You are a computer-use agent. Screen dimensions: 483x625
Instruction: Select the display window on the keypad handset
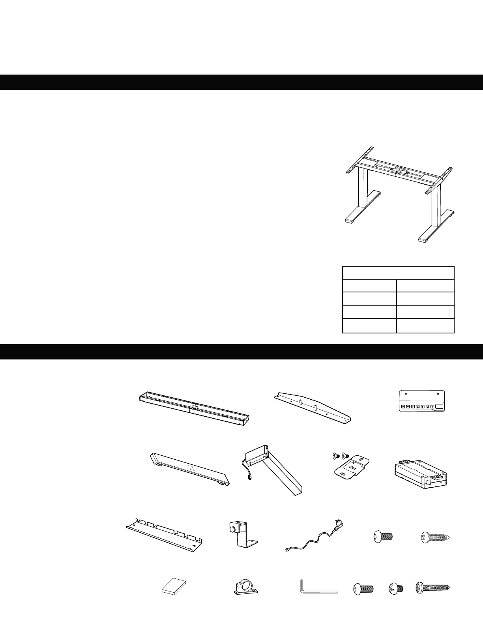(440, 406)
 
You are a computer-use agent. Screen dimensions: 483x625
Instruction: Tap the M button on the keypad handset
(427, 406)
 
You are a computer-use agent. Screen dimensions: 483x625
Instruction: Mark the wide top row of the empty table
(398, 273)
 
